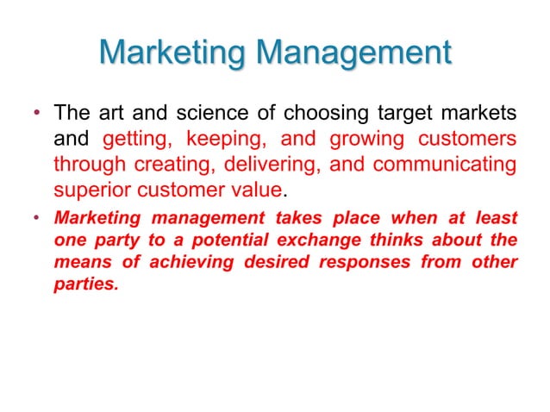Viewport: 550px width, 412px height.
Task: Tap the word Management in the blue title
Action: coord(354,53)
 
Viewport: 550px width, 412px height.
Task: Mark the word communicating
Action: coord(437,164)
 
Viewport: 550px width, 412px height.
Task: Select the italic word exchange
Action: coord(321,240)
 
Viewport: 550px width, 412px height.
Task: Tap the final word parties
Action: coord(85,284)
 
